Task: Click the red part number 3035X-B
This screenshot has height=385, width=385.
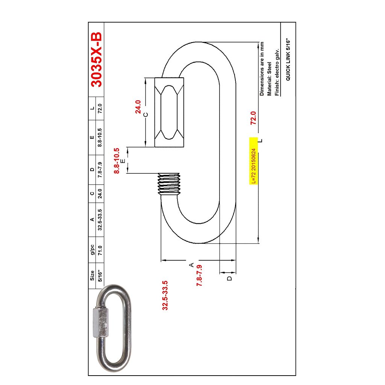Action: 96,59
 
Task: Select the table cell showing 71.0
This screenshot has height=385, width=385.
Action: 100,250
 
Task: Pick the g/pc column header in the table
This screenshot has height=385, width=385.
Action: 92,250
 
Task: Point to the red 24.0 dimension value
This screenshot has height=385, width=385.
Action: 138,107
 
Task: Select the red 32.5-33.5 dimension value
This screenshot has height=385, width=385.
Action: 165,296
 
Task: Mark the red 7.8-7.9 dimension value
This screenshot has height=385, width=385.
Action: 200,276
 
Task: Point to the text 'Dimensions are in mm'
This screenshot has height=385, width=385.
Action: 262,69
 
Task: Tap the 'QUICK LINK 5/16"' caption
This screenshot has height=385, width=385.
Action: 288,59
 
